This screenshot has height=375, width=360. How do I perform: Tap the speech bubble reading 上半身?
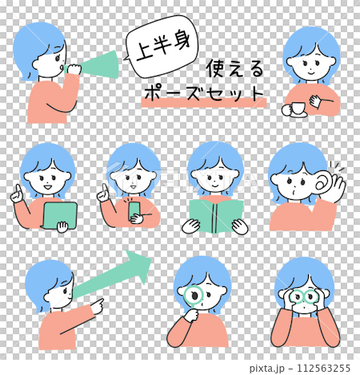(162, 46)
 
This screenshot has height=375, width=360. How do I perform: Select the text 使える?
(234, 69)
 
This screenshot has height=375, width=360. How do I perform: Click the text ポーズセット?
(204, 94)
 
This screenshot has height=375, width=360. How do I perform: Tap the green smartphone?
(134, 210)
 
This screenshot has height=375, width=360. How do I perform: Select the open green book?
(215, 217)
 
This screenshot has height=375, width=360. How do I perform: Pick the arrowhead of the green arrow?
(139, 266)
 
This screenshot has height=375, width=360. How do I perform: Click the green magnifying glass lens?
(194, 297)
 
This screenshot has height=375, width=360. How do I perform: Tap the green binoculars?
(303, 297)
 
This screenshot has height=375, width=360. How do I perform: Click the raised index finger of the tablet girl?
(18, 189)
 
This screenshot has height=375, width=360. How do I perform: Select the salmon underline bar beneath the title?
(204, 103)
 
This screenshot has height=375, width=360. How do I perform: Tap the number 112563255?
(323, 368)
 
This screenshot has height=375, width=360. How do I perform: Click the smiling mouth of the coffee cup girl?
(311, 72)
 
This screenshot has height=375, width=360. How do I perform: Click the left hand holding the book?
(190, 226)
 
